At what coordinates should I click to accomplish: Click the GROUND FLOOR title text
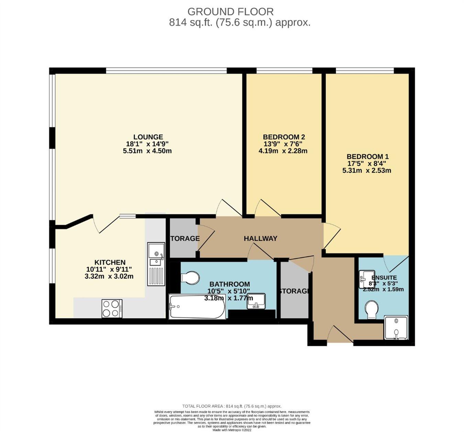230,12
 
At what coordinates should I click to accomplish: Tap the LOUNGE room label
148,137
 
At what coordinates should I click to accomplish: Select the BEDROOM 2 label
284,137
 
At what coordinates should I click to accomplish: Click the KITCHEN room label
110,262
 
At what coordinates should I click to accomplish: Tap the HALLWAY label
261,238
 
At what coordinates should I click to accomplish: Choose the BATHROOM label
230,284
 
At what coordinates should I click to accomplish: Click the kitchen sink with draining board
156,264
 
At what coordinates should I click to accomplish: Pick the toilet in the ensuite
371,309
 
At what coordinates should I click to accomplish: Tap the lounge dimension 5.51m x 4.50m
147,151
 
